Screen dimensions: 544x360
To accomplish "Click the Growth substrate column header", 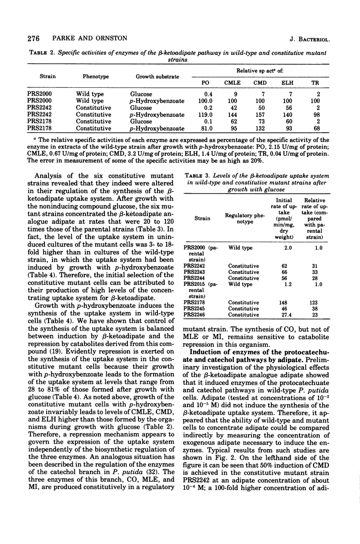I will tap(154, 76).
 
